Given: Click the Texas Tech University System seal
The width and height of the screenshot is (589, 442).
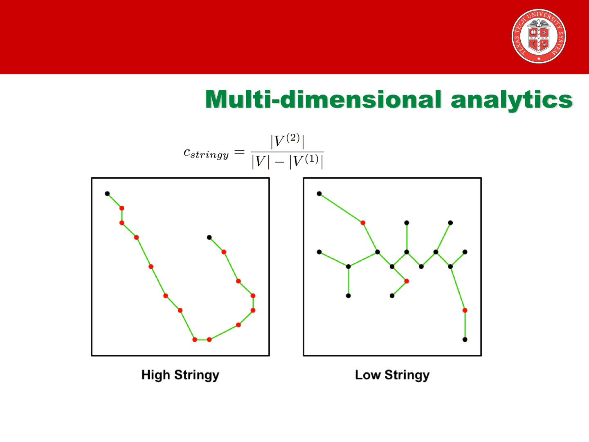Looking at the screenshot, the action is [x=539, y=36].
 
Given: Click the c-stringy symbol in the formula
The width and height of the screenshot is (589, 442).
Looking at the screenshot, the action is [x=206, y=153].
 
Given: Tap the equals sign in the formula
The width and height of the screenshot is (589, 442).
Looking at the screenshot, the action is [x=239, y=152].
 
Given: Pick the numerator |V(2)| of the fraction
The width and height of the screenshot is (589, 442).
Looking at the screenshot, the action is [x=288, y=141].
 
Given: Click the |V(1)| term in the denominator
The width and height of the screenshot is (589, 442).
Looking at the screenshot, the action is [x=306, y=161].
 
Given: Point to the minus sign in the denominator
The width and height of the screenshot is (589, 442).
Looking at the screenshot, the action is [x=279, y=162].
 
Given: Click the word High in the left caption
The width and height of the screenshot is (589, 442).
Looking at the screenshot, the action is [x=156, y=375].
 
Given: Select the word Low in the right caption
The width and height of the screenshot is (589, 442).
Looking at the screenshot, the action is [x=368, y=375].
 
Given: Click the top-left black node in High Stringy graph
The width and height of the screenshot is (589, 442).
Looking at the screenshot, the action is [x=107, y=194].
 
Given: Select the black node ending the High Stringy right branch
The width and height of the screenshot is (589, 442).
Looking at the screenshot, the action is [x=209, y=237].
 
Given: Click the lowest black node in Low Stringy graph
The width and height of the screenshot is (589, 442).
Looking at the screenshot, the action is [x=465, y=340].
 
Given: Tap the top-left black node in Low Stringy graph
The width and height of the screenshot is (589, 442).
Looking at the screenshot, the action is [x=319, y=194].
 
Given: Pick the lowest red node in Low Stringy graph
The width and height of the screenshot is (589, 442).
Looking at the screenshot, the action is [x=465, y=310].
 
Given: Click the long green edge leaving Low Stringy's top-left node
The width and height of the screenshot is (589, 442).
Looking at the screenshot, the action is [x=341, y=208].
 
